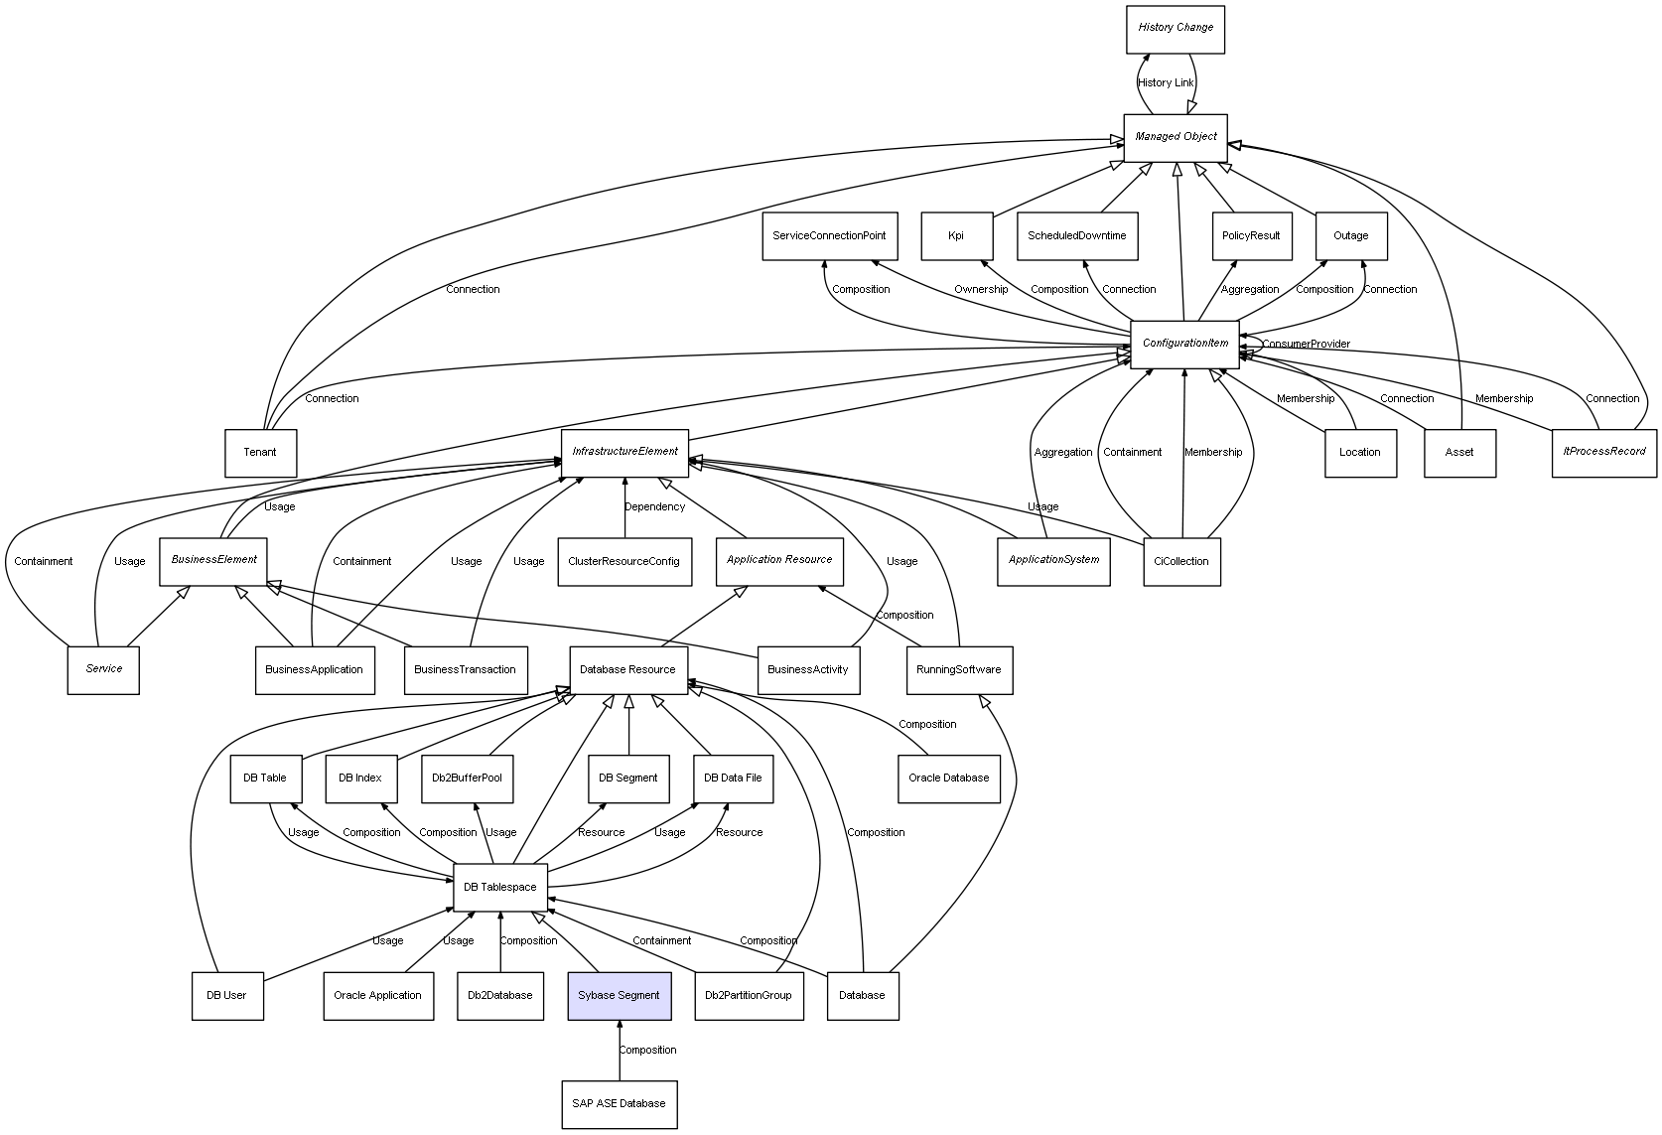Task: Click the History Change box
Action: [x=1176, y=29]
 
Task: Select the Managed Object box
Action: [x=1176, y=137]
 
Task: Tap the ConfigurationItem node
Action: [x=1184, y=344]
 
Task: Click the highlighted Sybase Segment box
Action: [x=620, y=995]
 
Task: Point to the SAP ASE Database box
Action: [x=620, y=1103]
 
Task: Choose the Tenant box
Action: [x=260, y=453]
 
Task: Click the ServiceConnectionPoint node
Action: [x=830, y=236]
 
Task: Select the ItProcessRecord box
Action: [x=1604, y=452]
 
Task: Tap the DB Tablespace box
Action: [x=500, y=887]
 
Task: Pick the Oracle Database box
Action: [x=948, y=779]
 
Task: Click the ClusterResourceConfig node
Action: [x=623, y=561]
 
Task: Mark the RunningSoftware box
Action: [x=959, y=669]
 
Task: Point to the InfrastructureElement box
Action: [x=624, y=452]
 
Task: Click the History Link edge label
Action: [x=1166, y=83]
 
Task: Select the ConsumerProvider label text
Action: [x=1306, y=345]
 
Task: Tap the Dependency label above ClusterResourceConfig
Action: [x=654, y=507]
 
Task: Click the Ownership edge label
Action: [x=981, y=290]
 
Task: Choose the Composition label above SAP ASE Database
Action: [x=647, y=1051]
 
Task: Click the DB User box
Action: [x=227, y=995]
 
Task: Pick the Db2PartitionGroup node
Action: [x=749, y=995]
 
